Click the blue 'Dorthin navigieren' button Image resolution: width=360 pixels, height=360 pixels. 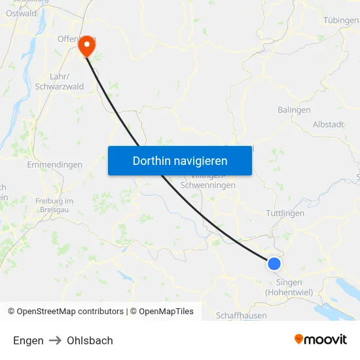[180, 160]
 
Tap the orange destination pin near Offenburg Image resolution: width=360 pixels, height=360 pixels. [86, 46]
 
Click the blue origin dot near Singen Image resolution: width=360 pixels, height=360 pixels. [274, 263]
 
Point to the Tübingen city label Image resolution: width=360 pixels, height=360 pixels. [340, 20]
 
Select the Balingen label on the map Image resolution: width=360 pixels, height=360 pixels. [294, 110]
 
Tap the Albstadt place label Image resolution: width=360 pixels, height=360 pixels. [328, 124]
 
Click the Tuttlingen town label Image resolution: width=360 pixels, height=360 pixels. [285, 213]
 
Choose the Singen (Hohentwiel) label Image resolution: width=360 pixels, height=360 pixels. [289, 287]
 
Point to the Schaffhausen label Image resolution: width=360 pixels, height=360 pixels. [242, 315]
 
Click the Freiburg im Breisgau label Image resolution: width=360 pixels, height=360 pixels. [54, 205]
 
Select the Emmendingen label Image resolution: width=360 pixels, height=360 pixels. [54, 164]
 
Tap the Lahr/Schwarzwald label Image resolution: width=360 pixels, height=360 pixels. [59, 81]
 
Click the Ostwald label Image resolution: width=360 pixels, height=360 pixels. [21, 12]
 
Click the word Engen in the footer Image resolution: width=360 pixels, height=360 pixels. [28, 340]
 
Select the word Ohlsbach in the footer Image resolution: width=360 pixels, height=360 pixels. [90, 340]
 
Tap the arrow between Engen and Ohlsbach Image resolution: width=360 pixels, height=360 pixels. [55, 340]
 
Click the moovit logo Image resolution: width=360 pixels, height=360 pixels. [321, 339]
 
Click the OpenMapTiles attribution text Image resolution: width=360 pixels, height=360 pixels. [164, 312]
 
